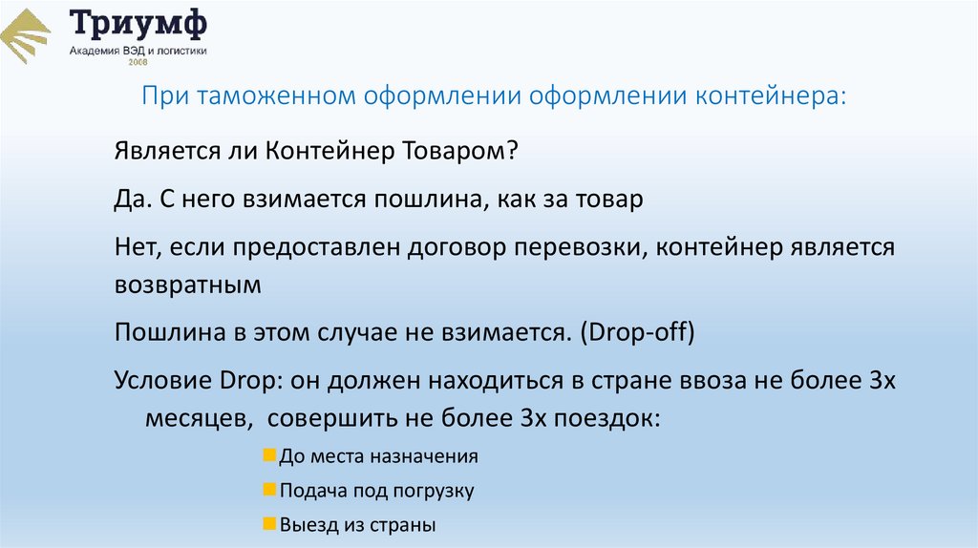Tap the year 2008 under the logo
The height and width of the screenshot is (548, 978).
(x=138, y=62)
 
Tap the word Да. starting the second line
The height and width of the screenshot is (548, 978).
(x=131, y=200)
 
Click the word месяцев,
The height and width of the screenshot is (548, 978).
(x=199, y=418)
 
